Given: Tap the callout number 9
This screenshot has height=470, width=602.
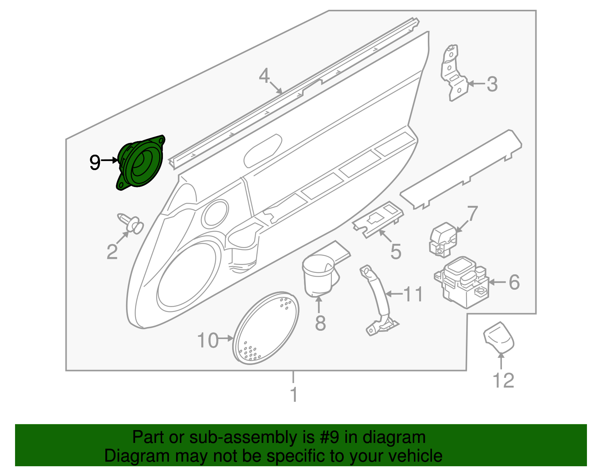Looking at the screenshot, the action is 95,163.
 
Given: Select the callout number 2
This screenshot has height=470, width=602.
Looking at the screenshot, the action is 112,252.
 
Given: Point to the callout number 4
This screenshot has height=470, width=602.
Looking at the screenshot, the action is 264,76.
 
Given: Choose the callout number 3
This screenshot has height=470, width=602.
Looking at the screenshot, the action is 492,84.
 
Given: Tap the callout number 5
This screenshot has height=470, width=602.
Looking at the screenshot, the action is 395,251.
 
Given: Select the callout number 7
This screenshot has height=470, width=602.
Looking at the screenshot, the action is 472,213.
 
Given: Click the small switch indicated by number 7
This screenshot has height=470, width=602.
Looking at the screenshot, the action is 443,239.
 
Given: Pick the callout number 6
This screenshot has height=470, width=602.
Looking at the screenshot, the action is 514,282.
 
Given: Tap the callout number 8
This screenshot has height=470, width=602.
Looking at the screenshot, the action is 320,323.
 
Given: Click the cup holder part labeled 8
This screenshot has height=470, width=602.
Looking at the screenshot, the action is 319,274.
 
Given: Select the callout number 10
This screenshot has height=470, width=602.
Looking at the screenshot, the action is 208,340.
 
